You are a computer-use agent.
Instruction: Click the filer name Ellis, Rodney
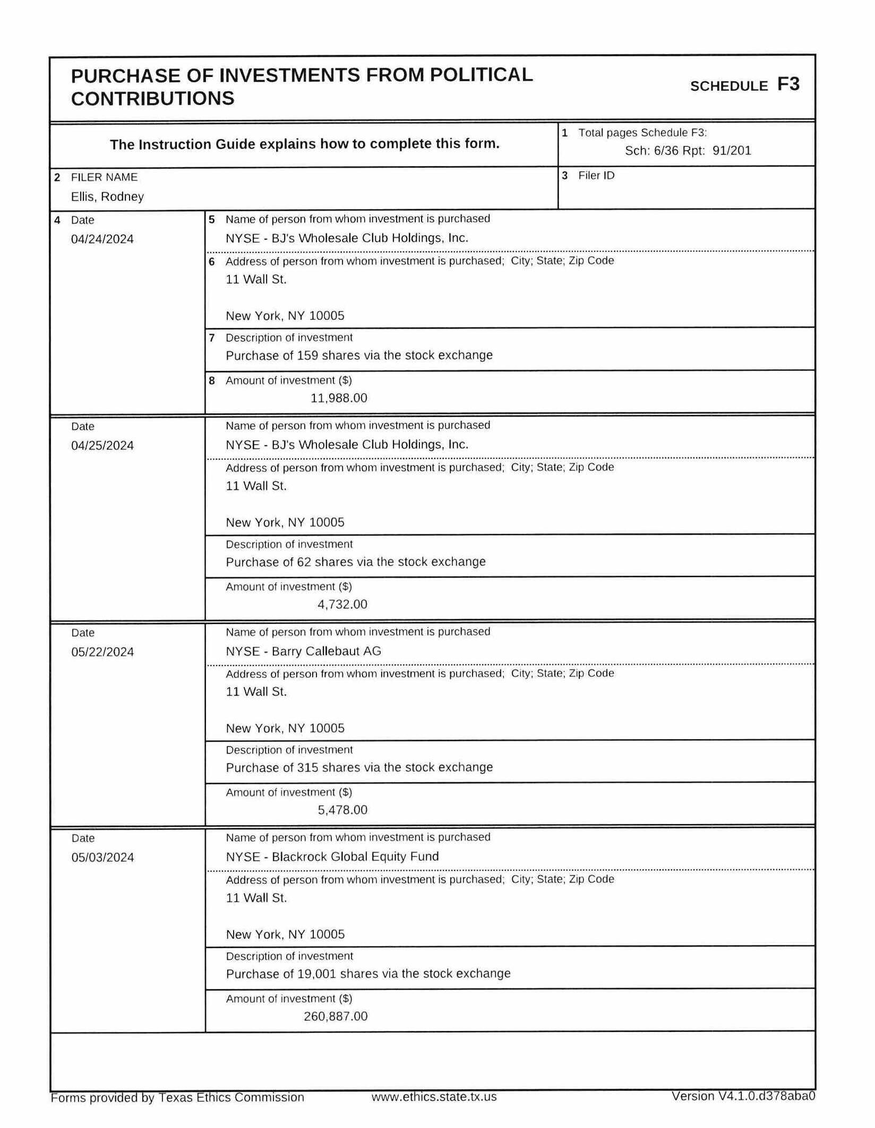tap(107, 197)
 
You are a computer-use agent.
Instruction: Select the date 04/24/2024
tap(102, 239)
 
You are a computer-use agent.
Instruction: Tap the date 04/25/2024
tap(102, 446)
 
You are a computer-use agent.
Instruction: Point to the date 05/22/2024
tap(102, 652)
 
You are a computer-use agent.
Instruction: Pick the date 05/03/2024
tap(102, 857)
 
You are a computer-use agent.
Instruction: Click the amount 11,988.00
tap(339, 398)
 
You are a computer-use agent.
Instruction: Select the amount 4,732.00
tap(342, 604)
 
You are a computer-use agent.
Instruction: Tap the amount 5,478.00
tap(342, 810)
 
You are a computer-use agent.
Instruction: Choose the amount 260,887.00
tap(336, 1016)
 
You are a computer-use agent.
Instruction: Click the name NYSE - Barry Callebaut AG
tap(303, 651)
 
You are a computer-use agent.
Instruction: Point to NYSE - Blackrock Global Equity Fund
tap(332, 856)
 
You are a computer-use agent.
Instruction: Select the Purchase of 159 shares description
tap(359, 355)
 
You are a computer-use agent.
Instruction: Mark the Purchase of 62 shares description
tap(356, 562)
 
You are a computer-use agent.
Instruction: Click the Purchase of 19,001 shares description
tap(368, 974)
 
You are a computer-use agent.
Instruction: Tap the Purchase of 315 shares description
tap(359, 767)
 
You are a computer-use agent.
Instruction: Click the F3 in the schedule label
tap(788, 84)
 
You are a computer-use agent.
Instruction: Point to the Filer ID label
tap(596, 176)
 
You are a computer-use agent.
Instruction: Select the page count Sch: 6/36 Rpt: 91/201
tap(688, 151)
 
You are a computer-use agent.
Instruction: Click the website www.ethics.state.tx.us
tap(434, 1097)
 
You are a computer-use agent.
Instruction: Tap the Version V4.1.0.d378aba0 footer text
tap(743, 1096)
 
